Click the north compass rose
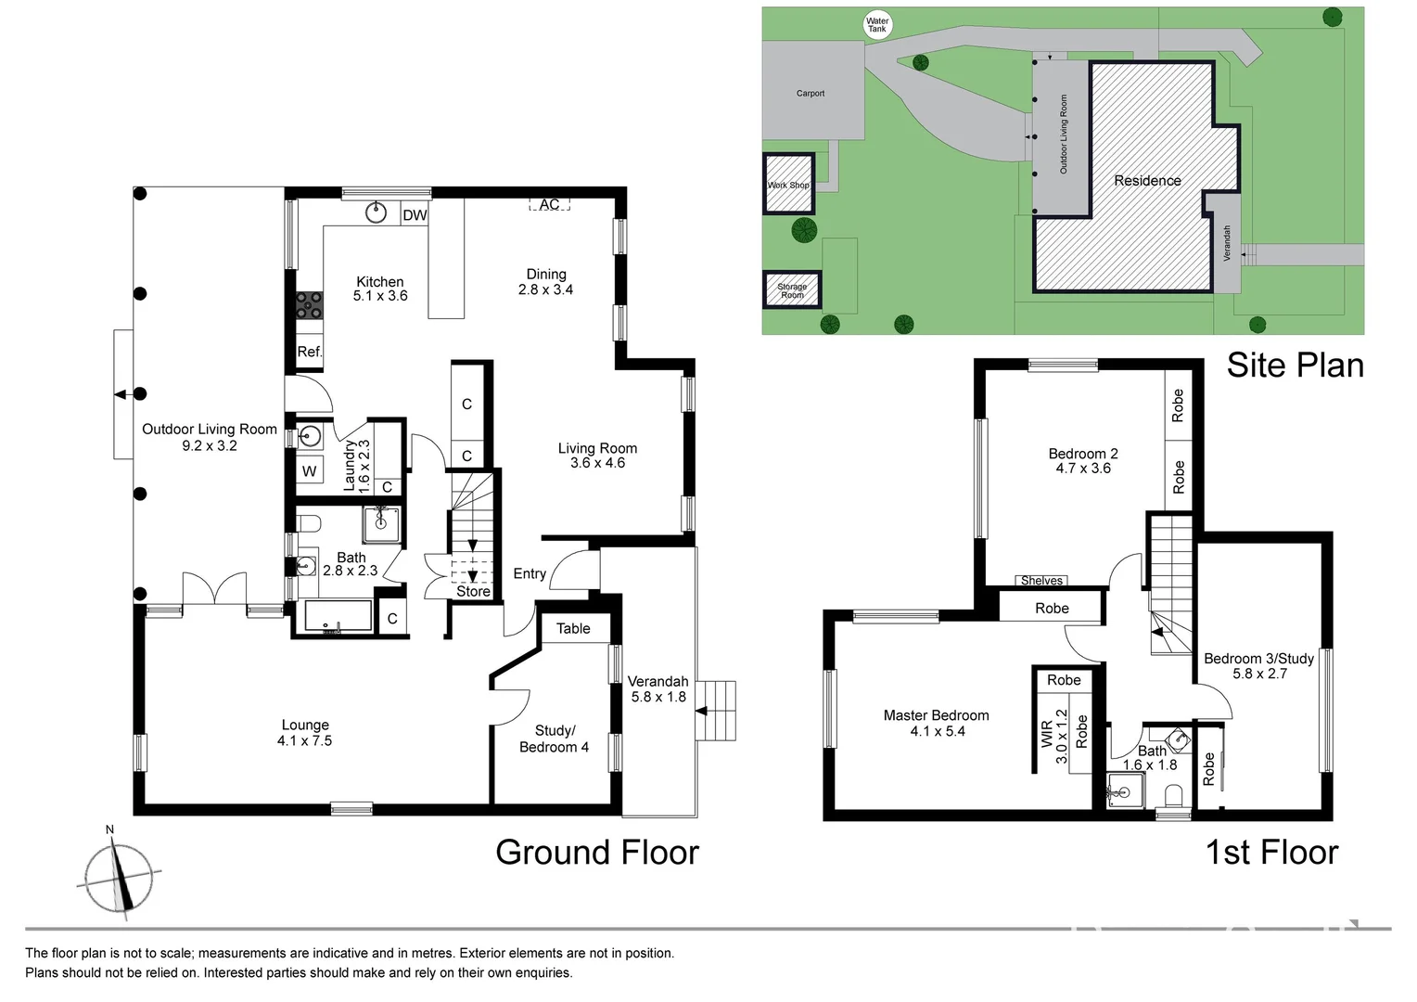point(119,875)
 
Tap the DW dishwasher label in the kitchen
point(415,215)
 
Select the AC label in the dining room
point(549,204)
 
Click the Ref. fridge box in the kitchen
point(309,352)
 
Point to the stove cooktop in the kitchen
point(309,305)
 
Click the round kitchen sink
point(376,212)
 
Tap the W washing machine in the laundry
point(309,471)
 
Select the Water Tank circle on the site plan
point(876,25)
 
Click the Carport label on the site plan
point(810,93)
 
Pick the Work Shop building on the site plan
point(788,185)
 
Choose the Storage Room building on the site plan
point(791,290)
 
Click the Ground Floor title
point(596,853)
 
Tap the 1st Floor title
point(1271,853)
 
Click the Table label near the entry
point(573,628)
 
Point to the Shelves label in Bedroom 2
point(1041,581)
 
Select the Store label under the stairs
point(473,591)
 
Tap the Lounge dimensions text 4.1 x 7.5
point(304,740)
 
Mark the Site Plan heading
point(1295,366)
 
